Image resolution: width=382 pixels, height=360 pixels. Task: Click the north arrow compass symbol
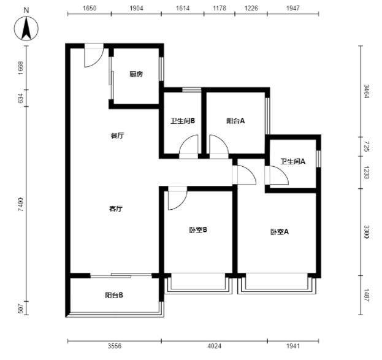[x=26, y=28]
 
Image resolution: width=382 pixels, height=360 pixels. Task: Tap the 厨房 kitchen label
[x=136, y=74]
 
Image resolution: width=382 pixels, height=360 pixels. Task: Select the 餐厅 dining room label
[x=117, y=136]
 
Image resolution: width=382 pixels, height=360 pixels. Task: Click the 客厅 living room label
[x=116, y=209]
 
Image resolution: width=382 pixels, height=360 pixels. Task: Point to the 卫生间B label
[x=183, y=121]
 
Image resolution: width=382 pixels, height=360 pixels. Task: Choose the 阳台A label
[x=235, y=121]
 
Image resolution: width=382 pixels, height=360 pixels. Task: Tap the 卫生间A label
[x=292, y=161]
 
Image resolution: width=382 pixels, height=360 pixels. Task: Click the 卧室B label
[x=198, y=230]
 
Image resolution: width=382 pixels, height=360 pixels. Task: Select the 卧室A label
[x=280, y=232]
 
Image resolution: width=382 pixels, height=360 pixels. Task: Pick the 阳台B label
[x=114, y=295]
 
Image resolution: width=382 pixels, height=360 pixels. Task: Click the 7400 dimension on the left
[x=21, y=204]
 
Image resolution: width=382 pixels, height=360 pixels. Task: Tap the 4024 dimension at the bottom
[x=215, y=346]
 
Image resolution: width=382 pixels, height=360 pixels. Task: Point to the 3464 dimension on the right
[x=367, y=91]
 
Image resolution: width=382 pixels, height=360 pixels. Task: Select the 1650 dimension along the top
[x=90, y=9]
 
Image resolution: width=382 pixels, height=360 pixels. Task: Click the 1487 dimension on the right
[x=367, y=295]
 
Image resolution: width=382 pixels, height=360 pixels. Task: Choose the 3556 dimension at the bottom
[x=115, y=346]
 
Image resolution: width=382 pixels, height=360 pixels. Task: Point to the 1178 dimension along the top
[x=220, y=9]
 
